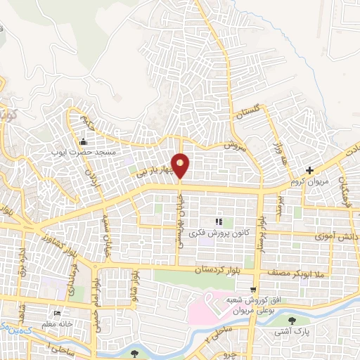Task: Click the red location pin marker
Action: (181, 165)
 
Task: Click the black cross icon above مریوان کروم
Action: (310, 169)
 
